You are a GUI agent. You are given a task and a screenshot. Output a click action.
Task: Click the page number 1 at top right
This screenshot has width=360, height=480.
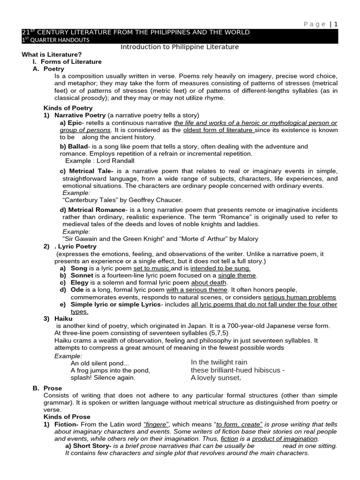(336, 24)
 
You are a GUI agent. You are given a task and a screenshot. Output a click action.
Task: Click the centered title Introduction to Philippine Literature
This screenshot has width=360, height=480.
(180, 47)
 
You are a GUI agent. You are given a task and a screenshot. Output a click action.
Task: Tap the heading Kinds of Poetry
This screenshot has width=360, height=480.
(68, 108)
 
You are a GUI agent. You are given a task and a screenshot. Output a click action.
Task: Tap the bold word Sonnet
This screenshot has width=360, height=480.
(82, 276)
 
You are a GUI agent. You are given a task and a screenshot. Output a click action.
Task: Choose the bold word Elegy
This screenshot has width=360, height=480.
(80, 283)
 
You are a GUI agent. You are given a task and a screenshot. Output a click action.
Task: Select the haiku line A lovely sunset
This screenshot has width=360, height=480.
(216, 378)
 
